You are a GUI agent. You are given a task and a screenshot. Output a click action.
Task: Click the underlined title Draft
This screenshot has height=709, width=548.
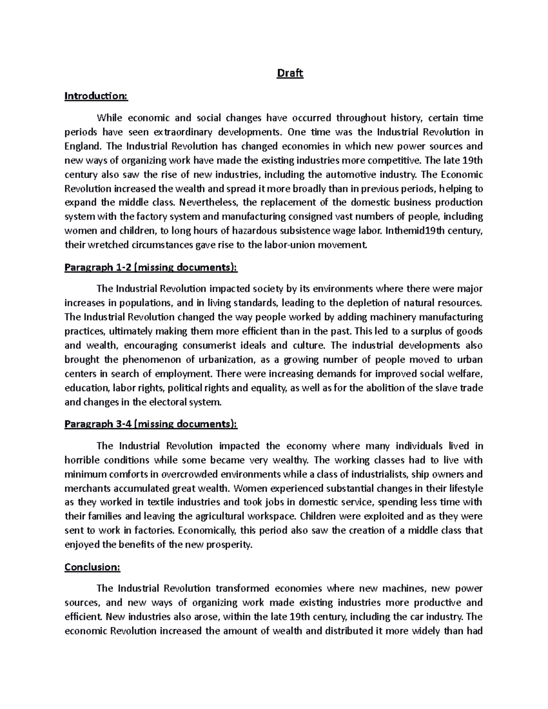(290, 74)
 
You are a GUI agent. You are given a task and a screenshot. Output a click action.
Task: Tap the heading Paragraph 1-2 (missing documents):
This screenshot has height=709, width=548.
(151, 268)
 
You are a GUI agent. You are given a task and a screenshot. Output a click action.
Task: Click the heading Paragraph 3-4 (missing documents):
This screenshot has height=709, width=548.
(151, 424)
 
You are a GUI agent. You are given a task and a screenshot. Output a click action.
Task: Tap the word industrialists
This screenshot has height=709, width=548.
(376, 474)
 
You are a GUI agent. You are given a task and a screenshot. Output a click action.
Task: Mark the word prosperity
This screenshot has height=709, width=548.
(228, 545)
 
